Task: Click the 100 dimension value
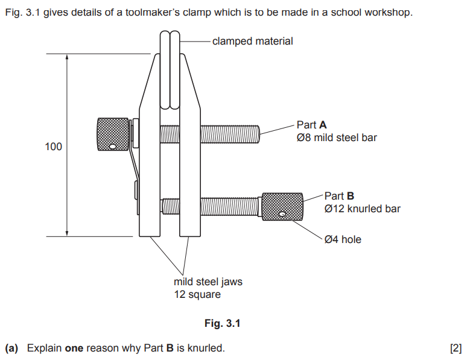[x=53, y=147]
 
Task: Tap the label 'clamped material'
[x=253, y=41]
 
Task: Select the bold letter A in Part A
[x=323, y=125]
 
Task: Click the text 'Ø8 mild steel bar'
[x=337, y=138]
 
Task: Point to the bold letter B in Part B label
[x=350, y=196]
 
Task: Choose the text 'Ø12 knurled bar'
[x=362, y=209]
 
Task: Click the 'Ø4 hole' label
[x=343, y=239]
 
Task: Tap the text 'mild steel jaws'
[x=208, y=282]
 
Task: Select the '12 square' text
[x=197, y=295]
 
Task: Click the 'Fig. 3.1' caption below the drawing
[x=222, y=324]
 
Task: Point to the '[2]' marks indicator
[x=456, y=348]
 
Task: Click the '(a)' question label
[x=12, y=348]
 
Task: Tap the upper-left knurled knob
[x=113, y=134]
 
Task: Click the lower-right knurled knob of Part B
[x=281, y=207]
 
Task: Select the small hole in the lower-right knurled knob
[x=282, y=214]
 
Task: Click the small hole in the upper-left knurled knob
[x=112, y=146]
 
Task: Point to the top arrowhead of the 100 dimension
[x=67, y=57]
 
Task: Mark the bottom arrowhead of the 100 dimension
[x=67, y=233]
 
